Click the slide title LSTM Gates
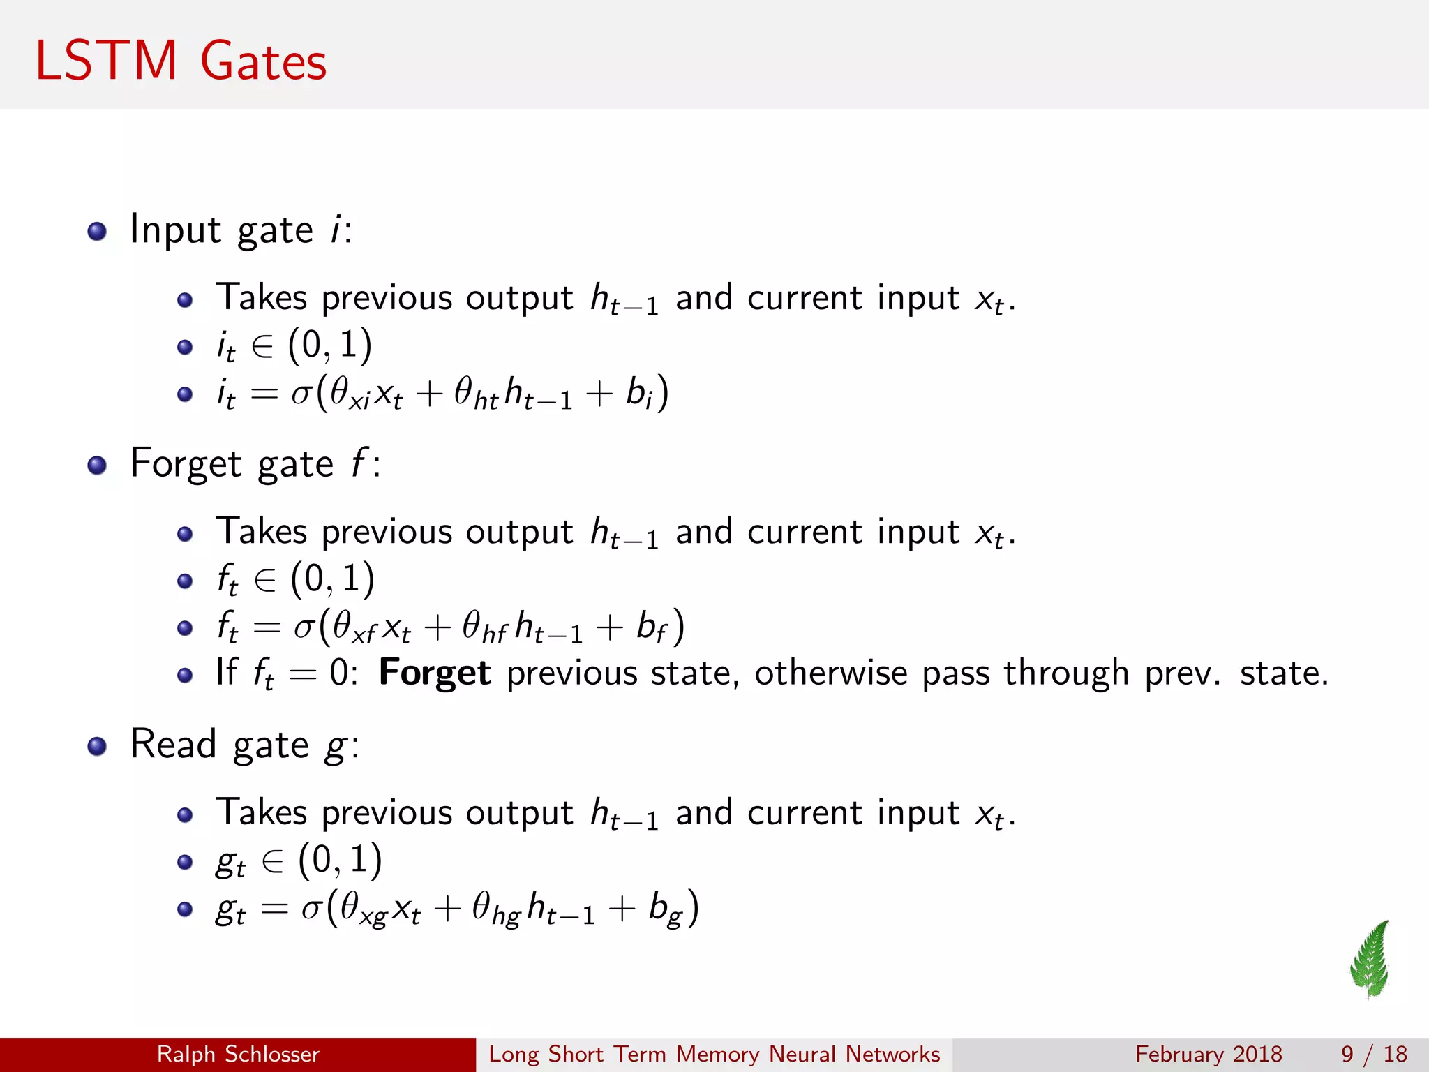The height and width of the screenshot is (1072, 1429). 181,61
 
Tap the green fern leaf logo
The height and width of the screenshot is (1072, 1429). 1371,959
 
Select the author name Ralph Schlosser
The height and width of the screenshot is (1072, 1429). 238,1054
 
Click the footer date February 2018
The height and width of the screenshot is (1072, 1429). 1209,1054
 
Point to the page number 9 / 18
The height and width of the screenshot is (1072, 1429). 1374,1054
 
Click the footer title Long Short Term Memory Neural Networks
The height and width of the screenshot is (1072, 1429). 714,1054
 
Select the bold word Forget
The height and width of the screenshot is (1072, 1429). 435,673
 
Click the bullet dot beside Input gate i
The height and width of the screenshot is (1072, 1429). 97,231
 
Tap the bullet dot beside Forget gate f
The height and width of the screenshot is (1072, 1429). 97,465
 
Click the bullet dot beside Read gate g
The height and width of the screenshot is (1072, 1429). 97,746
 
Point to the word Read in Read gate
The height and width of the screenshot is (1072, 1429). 173,744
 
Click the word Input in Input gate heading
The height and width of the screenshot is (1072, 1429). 175,230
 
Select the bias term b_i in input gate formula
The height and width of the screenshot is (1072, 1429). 639,394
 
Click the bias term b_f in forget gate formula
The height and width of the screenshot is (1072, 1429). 652,627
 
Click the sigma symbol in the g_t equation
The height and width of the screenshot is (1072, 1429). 311,909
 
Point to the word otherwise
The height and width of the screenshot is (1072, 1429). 830,673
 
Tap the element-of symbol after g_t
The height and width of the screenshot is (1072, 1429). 272,861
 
